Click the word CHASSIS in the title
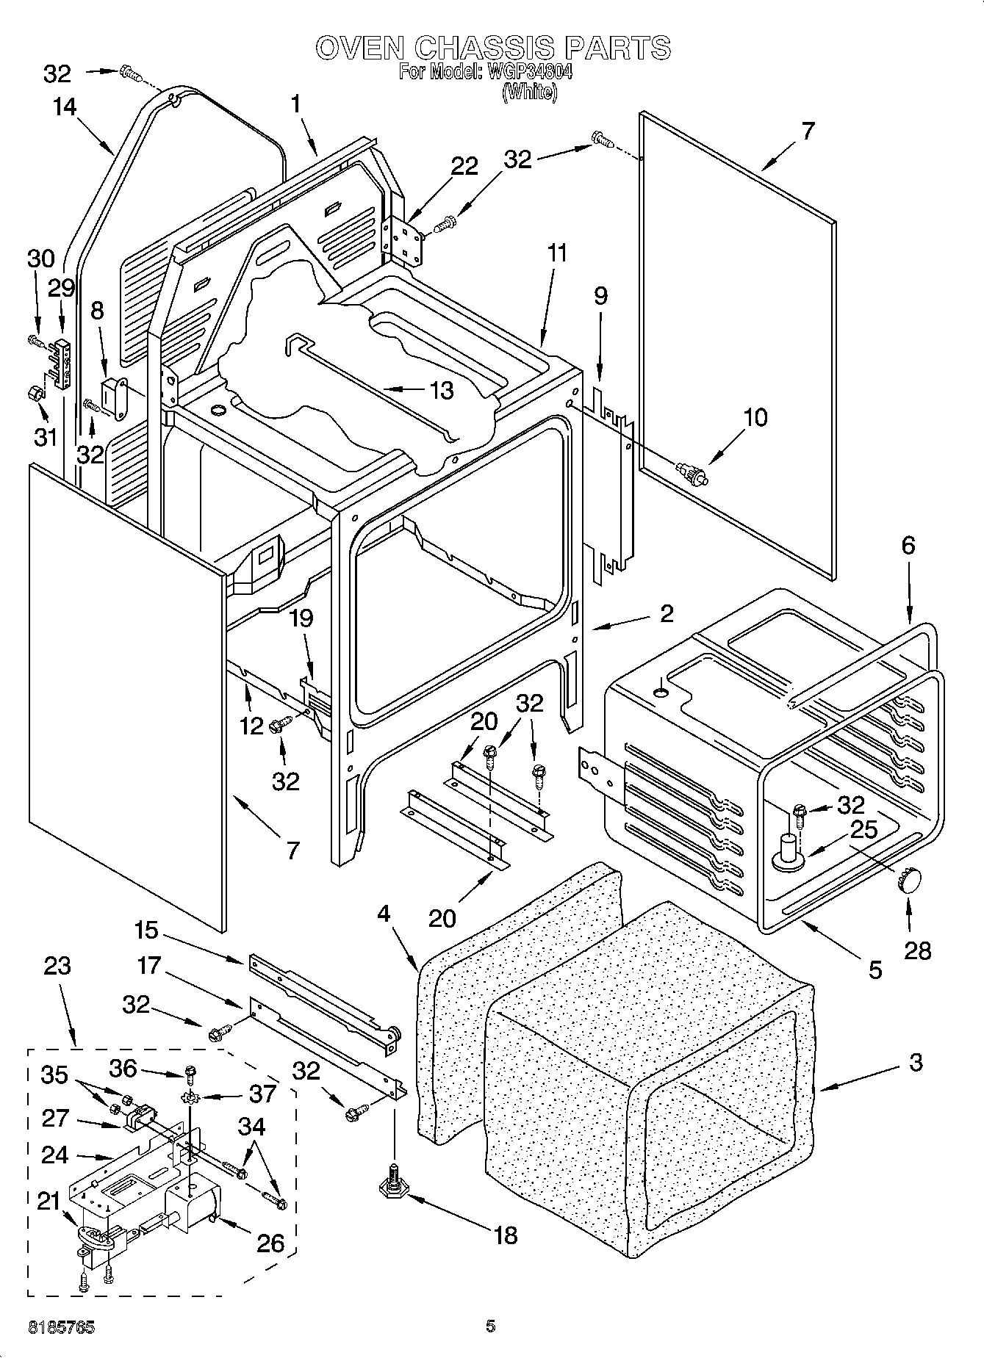(x=485, y=48)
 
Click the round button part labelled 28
(x=909, y=878)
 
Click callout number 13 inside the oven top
(x=441, y=390)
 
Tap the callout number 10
(x=755, y=417)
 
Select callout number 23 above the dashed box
(x=57, y=965)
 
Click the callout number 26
(x=270, y=1243)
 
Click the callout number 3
(x=915, y=1062)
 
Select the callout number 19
(x=301, y=618)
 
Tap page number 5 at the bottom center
(x=490, y=1326)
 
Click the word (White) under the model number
(x=529, y=93)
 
